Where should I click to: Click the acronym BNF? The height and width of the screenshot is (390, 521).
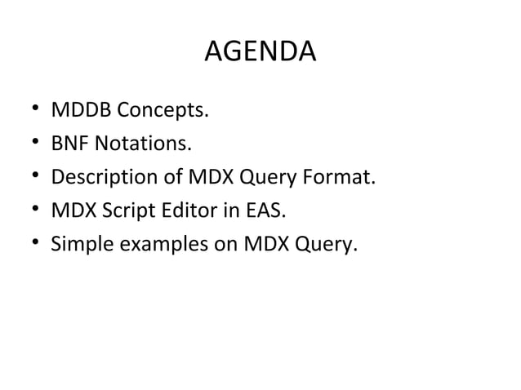coord(71,144)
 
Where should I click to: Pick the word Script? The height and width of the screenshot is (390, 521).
coord(118,212)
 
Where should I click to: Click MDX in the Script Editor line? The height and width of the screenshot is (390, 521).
coord(71,212)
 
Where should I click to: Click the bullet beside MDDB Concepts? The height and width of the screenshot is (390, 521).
coord(34,112)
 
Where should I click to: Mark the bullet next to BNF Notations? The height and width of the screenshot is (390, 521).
coord(34,145)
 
